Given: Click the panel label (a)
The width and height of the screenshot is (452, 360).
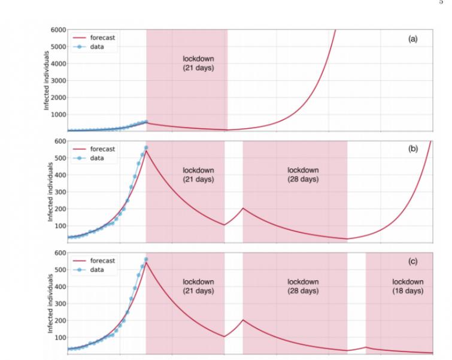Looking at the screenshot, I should coord(412,38).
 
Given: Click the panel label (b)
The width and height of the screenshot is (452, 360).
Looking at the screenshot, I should coord(412,149).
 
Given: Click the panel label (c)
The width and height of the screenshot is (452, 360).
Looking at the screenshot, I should coord(412,261).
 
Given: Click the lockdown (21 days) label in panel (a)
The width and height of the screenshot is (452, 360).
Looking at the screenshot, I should coord(198,63).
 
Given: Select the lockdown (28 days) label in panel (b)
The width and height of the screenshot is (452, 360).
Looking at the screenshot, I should coord(303,174).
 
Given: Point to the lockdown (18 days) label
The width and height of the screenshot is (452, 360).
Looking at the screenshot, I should coord(408,286).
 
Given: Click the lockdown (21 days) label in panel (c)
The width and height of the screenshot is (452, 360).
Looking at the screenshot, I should coord(198,286).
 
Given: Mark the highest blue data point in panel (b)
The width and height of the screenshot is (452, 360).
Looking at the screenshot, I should coord(146,147).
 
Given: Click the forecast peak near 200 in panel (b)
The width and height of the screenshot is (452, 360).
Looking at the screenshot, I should coord(243,208).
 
